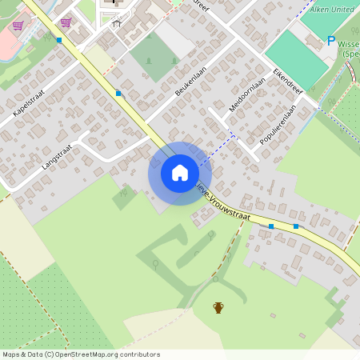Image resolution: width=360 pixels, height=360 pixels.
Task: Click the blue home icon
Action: click(180, 173)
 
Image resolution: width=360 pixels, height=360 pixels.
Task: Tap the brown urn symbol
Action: click(218, 307)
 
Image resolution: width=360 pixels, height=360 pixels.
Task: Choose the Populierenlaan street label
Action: click(274, 128)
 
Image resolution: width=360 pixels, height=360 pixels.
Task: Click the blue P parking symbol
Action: click(330, 40)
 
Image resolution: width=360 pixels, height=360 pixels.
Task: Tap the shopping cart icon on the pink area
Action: click(17, 26)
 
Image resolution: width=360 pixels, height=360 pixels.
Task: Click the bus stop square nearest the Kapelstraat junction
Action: click(59, 39)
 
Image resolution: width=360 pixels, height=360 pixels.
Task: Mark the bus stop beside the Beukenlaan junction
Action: click(118, 94)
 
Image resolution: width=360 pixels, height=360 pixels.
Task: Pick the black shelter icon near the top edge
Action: click(116, 22)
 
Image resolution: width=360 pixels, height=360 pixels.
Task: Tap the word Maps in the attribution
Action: click(11, 354)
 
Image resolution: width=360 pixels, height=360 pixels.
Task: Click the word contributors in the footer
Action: click(139, 354)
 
